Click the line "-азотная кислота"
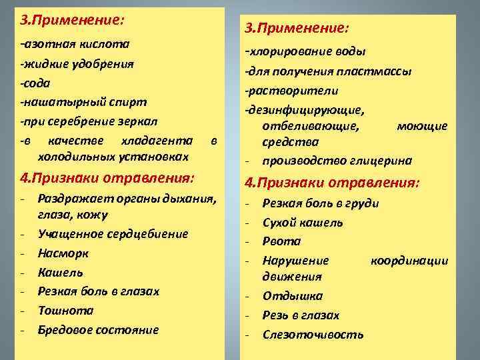point(75,45)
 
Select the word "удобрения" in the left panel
point(106,64)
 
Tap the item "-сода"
point(35,83)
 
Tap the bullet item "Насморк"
point(63,253)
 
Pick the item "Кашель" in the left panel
point(60,273)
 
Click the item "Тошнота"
point(65,311)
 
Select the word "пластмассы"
point(381,71)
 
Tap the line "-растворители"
point(291,90)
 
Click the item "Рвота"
point(281,241)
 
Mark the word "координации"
point(409,260)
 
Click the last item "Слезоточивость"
point(313,334)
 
